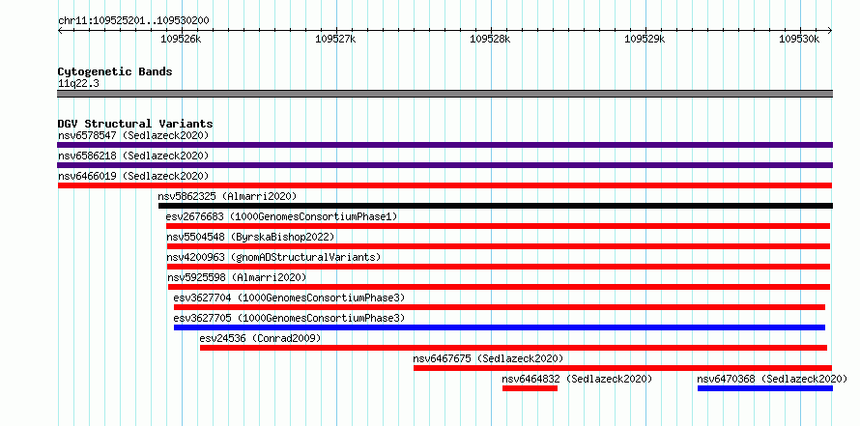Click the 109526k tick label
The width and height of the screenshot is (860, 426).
tap(181, 39)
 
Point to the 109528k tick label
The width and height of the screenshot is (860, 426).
tap(490, 39)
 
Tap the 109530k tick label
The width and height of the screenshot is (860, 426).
tap(799, 39)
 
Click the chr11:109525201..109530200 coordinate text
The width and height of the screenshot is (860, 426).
tap(133, 20)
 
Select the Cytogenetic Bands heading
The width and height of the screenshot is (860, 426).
tap(115, 71)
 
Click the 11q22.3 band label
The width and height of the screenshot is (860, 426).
tap(78, 84)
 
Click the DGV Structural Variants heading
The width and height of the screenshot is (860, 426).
tap(135, 124)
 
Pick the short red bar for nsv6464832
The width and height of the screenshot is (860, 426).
tap(530, 388)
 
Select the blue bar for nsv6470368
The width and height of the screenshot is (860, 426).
tap(765, 388)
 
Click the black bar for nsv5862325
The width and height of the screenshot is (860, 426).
tap(496, 206)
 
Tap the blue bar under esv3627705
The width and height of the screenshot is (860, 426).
tap(500, 327)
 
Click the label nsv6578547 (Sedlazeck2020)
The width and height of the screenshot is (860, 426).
tap(133, 135)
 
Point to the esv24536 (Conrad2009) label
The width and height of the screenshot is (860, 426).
tap(261, 338)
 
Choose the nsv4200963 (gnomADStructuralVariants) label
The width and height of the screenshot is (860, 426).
tap(273, 257)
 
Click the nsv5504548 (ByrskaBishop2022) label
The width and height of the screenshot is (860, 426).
tap(250, 237)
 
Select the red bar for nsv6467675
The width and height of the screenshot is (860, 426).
tap(622, 368)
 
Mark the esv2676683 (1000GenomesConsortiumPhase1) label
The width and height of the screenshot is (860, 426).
tap(281, 216)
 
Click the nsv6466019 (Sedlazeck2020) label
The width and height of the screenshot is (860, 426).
tap(133, 176)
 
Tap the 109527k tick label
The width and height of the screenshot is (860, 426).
tap(335, 39)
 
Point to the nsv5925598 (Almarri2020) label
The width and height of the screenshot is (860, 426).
tap(237, 277)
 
